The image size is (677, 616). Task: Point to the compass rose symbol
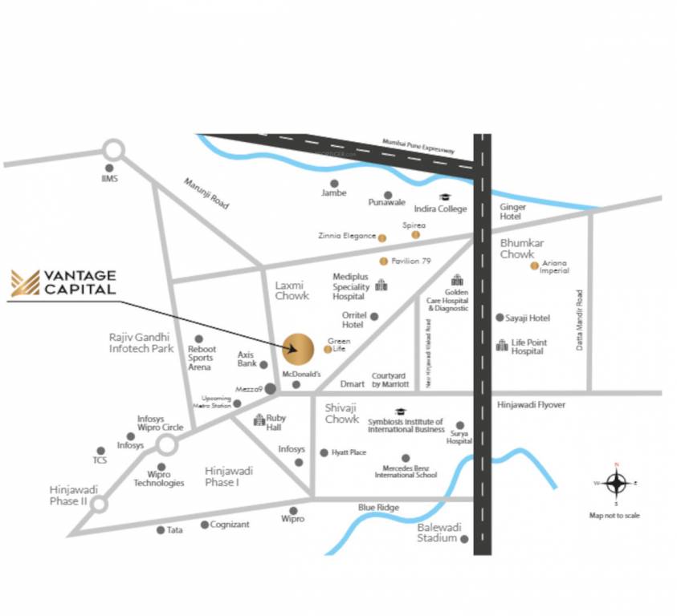click(x=616, y=484)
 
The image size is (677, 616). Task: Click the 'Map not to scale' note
click(x=614, y=516)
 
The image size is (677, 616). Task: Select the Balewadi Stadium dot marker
click(x=464, y=539)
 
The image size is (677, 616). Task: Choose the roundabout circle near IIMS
click(x=113, y=150)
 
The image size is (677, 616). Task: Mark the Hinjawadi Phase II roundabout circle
click(x=100, y=505)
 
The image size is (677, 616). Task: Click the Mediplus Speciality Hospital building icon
click(x=381, y=286)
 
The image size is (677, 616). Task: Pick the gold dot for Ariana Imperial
click(x=534, y=265)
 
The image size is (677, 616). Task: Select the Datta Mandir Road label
click(x=578, y=319)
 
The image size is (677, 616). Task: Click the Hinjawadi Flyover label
click(x=531, y=405)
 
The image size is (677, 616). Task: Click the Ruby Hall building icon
click(x=259, y=419)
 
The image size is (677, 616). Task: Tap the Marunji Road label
click(x=206, y=193)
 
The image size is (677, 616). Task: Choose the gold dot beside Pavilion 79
click(x=384, y=261)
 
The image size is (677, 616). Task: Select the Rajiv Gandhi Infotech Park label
click(x=141, y=342)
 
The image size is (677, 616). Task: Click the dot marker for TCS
click(x=100, y=451)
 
